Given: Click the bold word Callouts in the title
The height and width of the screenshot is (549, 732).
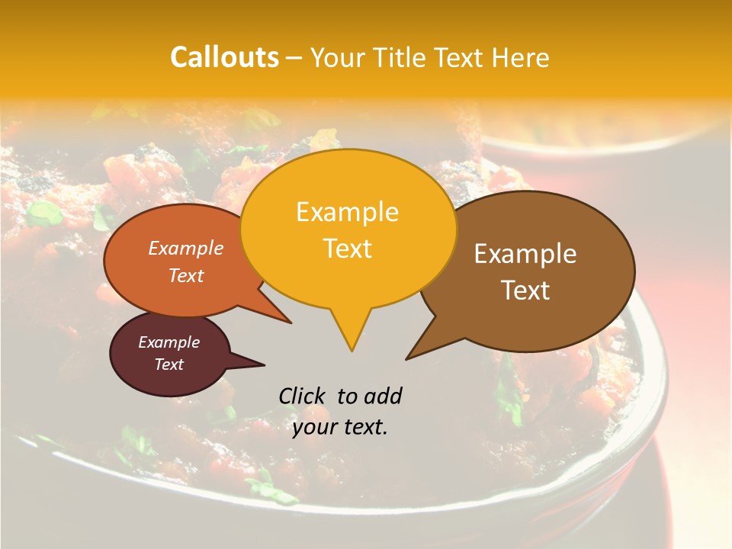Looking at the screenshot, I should point(224,57).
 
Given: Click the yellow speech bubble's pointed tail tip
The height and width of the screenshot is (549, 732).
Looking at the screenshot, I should point(351,351).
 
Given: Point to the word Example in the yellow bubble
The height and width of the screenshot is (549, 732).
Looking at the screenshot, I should point(347,212).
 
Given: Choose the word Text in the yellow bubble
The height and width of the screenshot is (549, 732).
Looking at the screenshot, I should point(347,249).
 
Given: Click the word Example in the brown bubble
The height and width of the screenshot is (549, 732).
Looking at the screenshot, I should point(525,254).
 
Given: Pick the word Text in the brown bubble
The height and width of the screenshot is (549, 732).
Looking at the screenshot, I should point(525,291).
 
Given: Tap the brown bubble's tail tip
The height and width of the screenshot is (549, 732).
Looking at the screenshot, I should point(406,358).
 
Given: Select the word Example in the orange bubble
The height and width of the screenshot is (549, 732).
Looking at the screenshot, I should point(186,248).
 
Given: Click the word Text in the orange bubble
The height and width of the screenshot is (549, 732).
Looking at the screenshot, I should point(186,275).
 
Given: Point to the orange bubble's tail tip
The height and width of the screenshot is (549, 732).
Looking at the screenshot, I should point(291,323).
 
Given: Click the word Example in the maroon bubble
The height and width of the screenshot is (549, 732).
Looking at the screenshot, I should point(169,342).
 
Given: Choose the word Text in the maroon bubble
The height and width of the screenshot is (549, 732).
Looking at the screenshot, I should point(169,364).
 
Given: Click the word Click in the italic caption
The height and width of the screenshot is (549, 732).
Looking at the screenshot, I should point(302,396).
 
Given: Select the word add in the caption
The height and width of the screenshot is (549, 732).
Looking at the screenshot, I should point(382,396).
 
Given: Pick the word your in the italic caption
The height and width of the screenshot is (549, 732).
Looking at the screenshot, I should point(314,427).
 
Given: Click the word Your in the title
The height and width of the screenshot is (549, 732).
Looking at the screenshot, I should point(339,57).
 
